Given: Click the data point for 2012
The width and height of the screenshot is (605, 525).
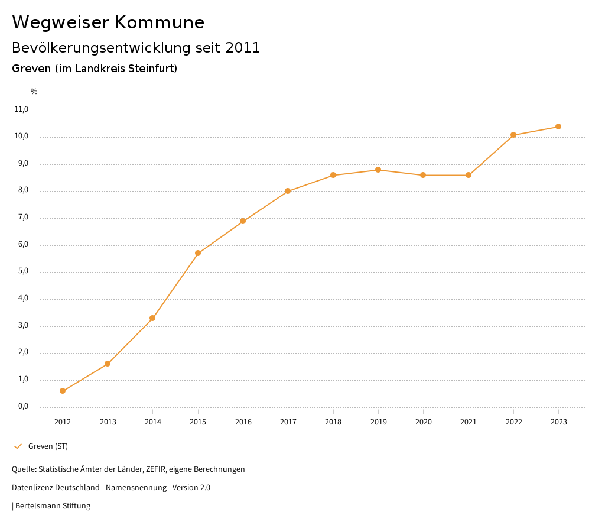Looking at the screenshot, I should point(63,391).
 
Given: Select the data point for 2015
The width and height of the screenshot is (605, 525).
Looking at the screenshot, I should point(198,253).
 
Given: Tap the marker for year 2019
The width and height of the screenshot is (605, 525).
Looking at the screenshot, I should point(378,170).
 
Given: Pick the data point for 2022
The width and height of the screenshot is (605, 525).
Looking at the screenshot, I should point(513,135).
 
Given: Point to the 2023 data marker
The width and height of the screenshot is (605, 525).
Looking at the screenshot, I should point(558,127).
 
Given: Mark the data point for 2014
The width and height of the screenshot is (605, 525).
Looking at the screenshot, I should point(152,318).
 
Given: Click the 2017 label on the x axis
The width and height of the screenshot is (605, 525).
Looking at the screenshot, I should point(288,422).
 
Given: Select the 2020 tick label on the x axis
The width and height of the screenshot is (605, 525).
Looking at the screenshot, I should point(424,422).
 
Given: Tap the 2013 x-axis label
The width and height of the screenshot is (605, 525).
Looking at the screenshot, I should point(108,422).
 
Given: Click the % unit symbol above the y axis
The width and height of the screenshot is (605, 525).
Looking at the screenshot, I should point(34,91).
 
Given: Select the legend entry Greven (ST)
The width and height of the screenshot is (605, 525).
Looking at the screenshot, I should point(48,446).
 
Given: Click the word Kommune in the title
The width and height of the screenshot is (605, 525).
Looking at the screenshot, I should point(160,22).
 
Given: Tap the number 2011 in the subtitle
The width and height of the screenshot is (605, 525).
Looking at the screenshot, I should point(243,48).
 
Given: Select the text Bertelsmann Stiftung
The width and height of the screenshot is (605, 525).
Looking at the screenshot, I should point(53,505).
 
